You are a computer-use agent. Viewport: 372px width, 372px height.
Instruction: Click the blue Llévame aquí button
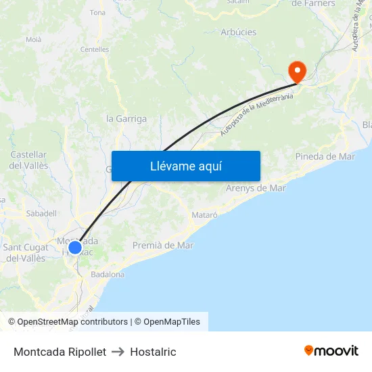186,166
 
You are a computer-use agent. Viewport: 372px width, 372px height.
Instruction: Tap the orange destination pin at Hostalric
297,71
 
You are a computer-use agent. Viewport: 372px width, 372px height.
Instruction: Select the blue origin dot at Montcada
75,248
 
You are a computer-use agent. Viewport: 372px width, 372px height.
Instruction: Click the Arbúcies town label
238,32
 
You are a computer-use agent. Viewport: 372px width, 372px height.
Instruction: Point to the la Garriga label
126,118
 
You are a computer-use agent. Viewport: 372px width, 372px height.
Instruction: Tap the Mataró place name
205,214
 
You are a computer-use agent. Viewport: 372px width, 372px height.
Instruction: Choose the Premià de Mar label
163,245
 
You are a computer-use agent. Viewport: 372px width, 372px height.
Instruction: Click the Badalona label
108,275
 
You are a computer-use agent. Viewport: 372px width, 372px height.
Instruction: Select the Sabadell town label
41,213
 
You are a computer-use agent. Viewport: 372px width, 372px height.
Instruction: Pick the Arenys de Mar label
256,187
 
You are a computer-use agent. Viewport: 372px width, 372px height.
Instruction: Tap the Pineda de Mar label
325,156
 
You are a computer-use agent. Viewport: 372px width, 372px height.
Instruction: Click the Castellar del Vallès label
28,160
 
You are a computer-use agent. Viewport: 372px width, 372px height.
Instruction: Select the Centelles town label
95,49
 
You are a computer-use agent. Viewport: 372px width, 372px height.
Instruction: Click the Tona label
97,12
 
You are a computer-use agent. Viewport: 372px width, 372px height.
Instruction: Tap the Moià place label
33,39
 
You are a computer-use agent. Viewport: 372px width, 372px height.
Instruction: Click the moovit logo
331,351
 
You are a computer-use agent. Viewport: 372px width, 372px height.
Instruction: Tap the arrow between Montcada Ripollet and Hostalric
118,352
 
